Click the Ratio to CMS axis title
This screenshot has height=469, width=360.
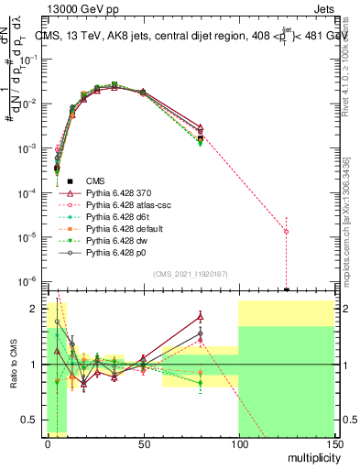tap(12, 365)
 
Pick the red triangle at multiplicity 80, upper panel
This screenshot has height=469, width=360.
tap(201, 127)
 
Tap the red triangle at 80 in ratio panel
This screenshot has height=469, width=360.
tap(201, 317)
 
